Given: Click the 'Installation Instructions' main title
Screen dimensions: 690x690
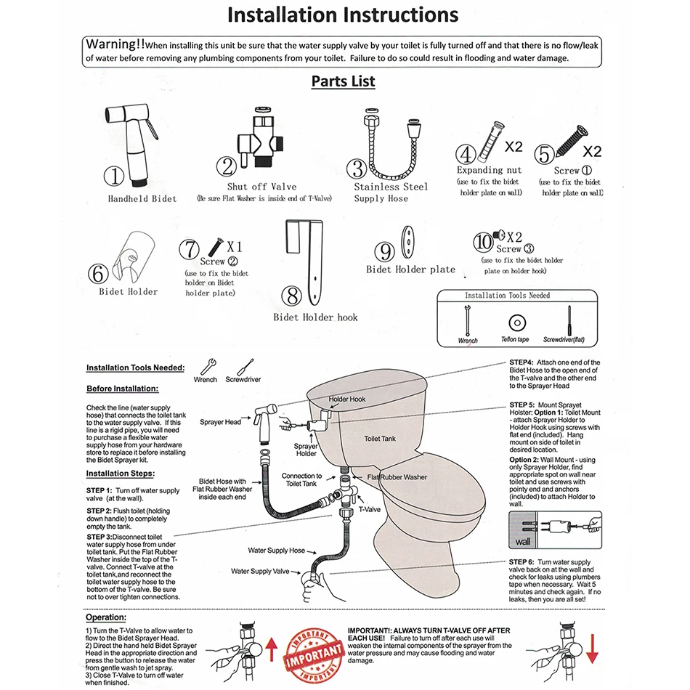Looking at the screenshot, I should point(343,15).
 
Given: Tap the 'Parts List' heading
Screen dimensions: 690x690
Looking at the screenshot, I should point(343,81).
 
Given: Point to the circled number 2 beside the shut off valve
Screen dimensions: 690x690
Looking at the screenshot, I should point(230,167).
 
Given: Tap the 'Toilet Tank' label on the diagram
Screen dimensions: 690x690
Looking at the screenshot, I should point(379,439).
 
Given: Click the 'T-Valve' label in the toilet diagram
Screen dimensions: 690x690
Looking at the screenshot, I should point(370,510).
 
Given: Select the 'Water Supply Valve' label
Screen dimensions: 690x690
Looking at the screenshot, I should point(261,572).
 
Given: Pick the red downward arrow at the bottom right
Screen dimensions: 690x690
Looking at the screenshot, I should point(592,649).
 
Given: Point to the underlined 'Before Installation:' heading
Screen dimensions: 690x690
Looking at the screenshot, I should point(122,389).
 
